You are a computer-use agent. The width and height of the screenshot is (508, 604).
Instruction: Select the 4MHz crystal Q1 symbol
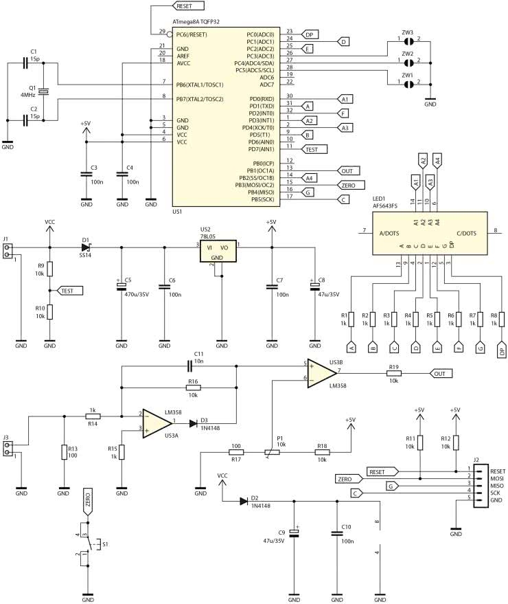coord(43,91)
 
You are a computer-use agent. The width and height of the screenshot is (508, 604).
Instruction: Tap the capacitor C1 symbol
coord(25,63)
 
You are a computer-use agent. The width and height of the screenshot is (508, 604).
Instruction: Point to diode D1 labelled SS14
coord(86,247)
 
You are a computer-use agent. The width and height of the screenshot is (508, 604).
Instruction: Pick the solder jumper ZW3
coord(408,41)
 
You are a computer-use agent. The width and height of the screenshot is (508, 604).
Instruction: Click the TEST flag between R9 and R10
coord(68,291)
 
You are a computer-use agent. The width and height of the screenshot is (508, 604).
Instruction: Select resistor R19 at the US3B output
coord(394,374)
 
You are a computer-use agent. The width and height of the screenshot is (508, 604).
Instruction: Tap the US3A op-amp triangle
coord(157,421)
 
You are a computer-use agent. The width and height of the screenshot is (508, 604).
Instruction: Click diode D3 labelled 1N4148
coord(204,422)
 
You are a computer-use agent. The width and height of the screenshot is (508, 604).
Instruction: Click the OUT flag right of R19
coord(441,374)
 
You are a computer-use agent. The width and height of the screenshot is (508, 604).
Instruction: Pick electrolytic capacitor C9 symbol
coord(295,533)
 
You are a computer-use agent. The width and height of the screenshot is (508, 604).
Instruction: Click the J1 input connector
coord(8,251)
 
